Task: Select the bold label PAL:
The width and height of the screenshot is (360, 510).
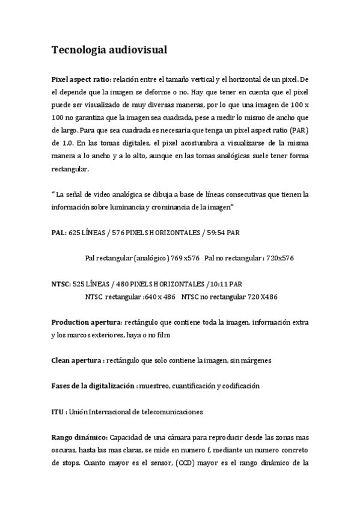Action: click(x=59, y=232)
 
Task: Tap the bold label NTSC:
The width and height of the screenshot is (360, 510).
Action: click(x=61, y=283)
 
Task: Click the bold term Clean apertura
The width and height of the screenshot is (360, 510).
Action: click(x=76, y=360)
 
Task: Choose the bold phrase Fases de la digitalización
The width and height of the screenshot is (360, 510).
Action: click(x=93, y=386)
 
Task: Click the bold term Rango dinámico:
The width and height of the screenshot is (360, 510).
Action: click(x=79, y=437)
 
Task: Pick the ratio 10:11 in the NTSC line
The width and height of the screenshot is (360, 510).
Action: click(x=216, y=283)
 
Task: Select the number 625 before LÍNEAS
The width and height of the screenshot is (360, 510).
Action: click(x=75, y=232)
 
